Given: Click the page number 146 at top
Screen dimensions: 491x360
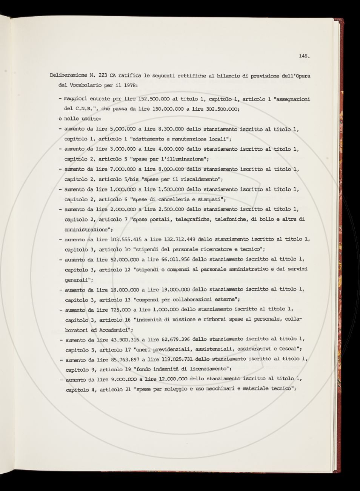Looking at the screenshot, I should (304, 56).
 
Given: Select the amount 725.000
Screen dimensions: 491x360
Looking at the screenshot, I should (121, 309).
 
